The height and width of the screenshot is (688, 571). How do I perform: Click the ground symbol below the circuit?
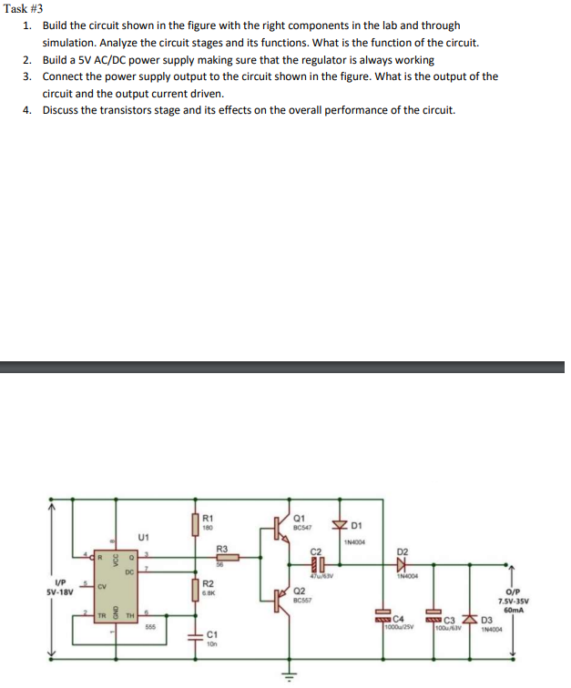pyautogui.click(x=288, y=675)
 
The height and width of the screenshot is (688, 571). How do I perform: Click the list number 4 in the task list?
pyautogui.click(x=27, y=110)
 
